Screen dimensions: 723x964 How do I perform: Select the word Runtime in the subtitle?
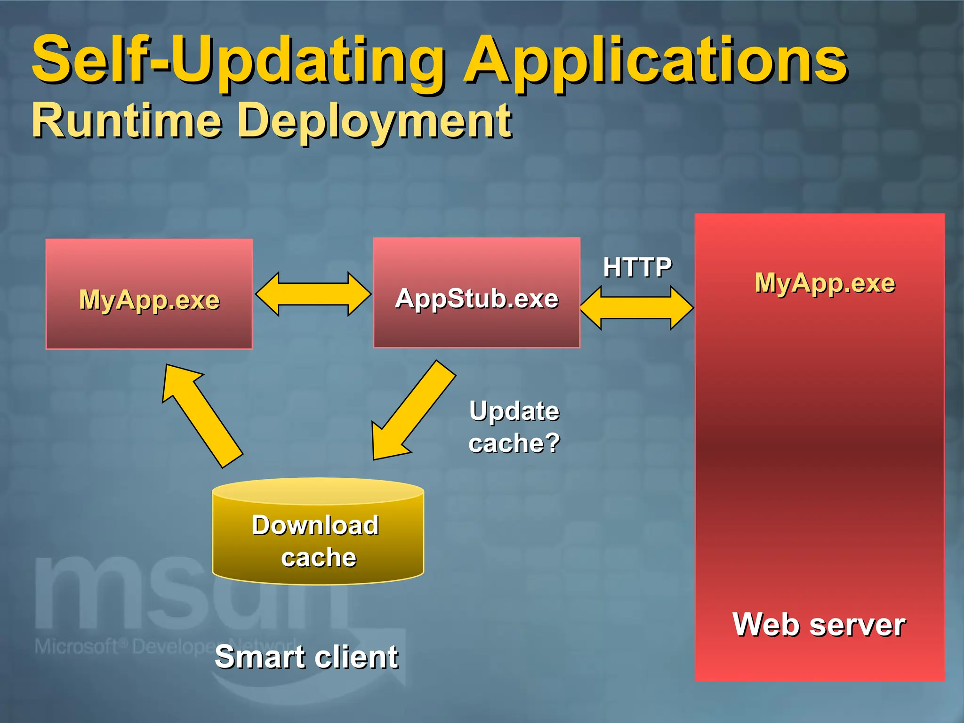point(126,121)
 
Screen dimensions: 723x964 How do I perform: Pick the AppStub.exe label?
point(476,298)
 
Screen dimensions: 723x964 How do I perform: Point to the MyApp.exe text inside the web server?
point(825,283)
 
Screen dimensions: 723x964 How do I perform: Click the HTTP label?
point(637,267)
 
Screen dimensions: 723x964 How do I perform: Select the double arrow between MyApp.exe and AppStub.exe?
point(313,294)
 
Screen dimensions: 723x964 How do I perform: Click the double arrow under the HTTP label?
point(637,308)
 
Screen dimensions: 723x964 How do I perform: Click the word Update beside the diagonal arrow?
point(514,411)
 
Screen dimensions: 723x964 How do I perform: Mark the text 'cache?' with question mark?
point(514,443)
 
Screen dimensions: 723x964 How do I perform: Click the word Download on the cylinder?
point(315,525)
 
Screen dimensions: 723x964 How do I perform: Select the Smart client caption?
point(306,657)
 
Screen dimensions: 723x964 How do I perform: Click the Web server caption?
point(819,625)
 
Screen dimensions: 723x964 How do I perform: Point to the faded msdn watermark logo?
point(141,595)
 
